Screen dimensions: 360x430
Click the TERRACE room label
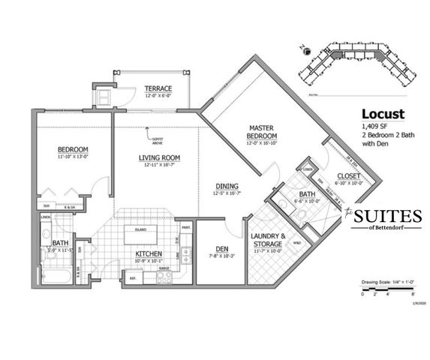pos(158,88)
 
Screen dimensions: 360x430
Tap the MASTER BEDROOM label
pos(262,130)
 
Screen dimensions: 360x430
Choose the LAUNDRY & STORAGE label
pos(267,240)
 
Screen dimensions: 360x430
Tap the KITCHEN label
pos(149,254)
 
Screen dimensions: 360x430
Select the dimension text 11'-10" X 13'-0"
pos(73,157)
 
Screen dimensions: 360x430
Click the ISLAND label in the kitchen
pos(140,229)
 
